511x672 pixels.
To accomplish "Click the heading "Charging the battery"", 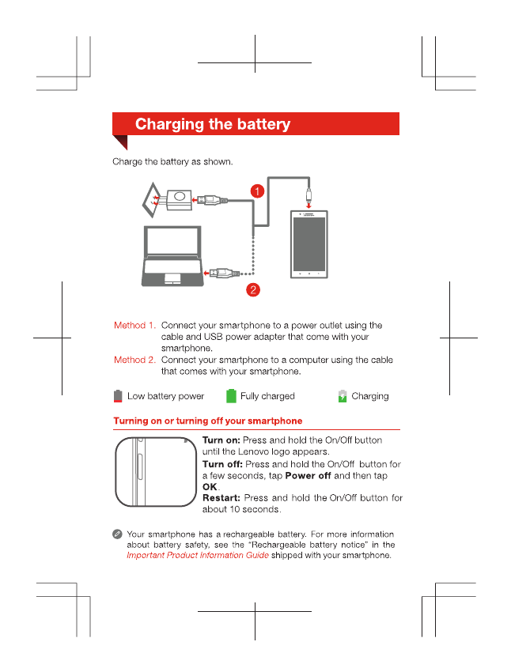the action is [213, 124].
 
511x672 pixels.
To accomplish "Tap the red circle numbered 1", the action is [258, 191].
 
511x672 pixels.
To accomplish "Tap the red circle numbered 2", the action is [252, 289].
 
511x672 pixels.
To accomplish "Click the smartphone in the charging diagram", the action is [308, 245].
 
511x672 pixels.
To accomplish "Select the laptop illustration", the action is [172, 257].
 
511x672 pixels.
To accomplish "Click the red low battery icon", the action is [118, 396].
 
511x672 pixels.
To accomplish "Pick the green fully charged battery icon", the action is [231, 396].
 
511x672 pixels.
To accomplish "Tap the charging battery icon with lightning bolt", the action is [343, 396].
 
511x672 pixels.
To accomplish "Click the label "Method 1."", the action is [134, 325].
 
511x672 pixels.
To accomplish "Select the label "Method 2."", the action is [134, 360].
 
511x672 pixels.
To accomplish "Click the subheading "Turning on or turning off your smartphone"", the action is [207, 421].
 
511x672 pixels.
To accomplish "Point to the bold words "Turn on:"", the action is [221, 440].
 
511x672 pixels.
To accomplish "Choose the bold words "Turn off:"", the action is [222, 464].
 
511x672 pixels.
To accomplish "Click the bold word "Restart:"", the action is [221, 498].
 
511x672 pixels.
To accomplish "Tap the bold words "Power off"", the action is [307, 476].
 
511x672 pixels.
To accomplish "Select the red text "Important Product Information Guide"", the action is [198, 555].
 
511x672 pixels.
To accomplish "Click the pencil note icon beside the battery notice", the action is [116, 535].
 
